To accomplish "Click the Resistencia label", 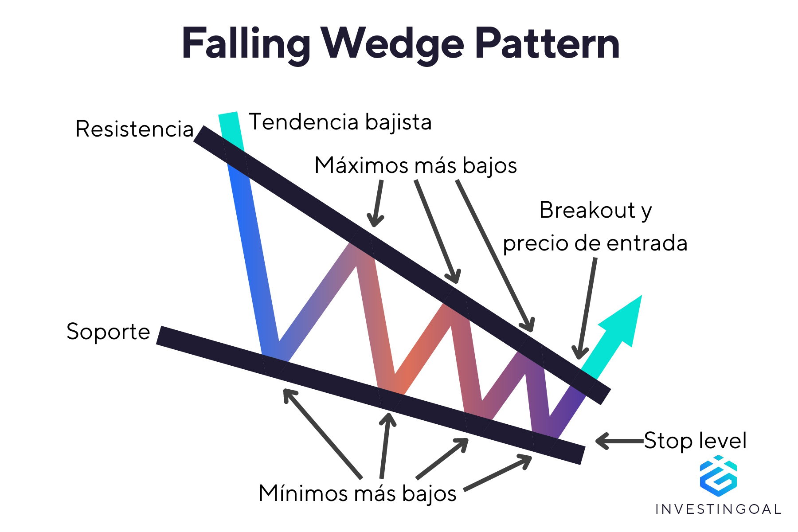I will coord(134,129).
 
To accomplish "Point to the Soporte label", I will coord(108,332).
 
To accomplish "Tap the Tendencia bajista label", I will coord(340,122).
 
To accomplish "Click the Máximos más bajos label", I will coord(415,165).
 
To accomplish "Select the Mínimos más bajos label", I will coord(357,493).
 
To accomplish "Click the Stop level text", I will coord(695,441).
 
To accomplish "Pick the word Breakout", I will coord(587,210).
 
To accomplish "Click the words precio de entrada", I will coord(595,243).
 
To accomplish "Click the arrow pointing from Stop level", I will coord(618,441).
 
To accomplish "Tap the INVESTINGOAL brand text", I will coord(718,509).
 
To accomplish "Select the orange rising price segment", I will coord(423,346).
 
